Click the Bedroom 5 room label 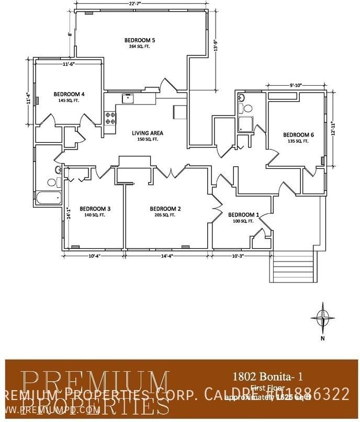[x=139, y=40]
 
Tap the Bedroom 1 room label [x=243, y=214]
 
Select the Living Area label [x=144, y=133]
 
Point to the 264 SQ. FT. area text [x=139, y=47]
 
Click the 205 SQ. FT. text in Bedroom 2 [x=165, y=215]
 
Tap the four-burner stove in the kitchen [x=110, y=118]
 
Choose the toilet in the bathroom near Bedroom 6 [x=247, y=108]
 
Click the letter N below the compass [x=323, y=338]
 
